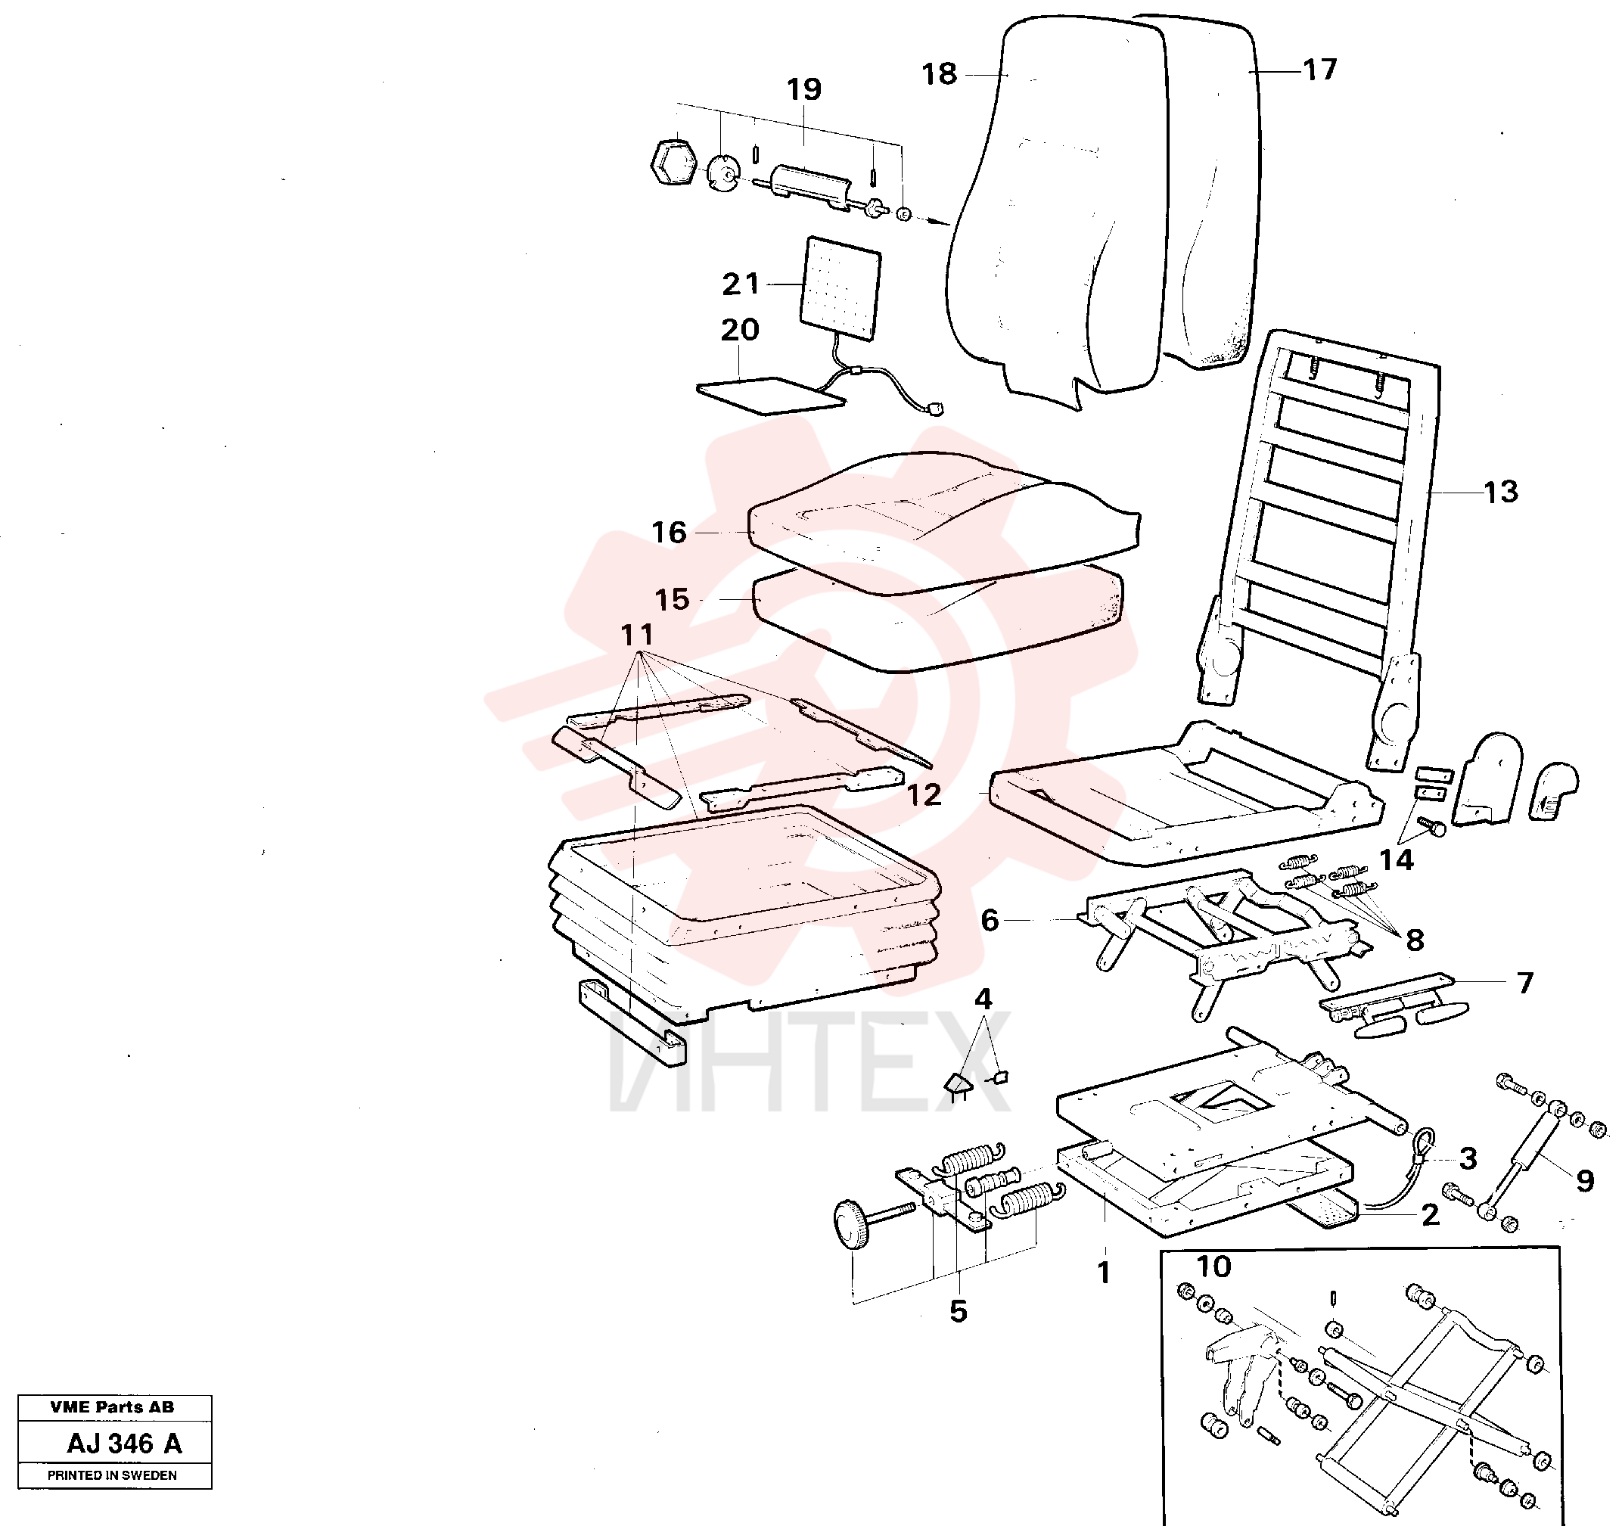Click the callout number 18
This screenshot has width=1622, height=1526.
(x=939, y=74)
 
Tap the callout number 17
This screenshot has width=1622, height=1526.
(x=1320, y=70)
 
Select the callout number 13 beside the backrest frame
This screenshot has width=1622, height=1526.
(x=1500, y=492)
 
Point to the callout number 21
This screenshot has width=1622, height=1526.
(x=741, y=284)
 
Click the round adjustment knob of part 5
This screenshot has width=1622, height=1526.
(x=850, y=1224)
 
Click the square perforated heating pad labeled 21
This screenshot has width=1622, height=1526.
(x=841, y=288)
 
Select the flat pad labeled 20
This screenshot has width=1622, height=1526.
(x=770, y=396)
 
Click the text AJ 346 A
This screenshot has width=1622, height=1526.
(x=124, y=1444)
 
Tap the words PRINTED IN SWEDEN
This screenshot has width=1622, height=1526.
(x=112, y=1475)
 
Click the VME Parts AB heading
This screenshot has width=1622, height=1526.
(x=112, y=1407)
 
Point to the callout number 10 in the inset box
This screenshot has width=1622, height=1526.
(x=1213, y=1266)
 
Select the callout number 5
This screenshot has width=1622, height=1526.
(x=959, y=1311)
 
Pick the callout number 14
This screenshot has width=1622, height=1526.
(x=1396, y=859)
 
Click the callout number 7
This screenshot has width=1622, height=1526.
(x=1525, y=983)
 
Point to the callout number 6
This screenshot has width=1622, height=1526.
(x=990, y=921)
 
